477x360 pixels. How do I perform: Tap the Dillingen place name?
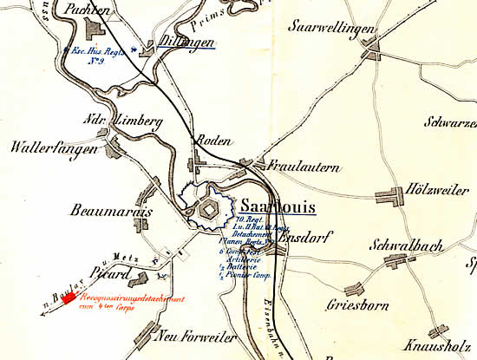pos(187,41)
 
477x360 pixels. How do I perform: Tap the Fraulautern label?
pos(304,167)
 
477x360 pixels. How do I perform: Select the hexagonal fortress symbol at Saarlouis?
pos(209,209)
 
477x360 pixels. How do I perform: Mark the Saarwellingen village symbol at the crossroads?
pos(373,52)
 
